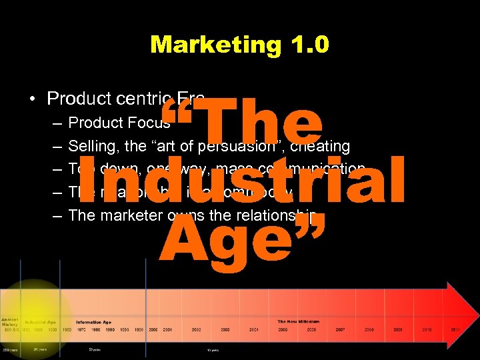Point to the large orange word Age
(243, 241)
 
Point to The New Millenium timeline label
(298, 321)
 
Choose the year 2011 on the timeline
(455, 329)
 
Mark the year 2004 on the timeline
(254, 329)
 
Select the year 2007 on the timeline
(340, 329)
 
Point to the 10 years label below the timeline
(212, 349)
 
